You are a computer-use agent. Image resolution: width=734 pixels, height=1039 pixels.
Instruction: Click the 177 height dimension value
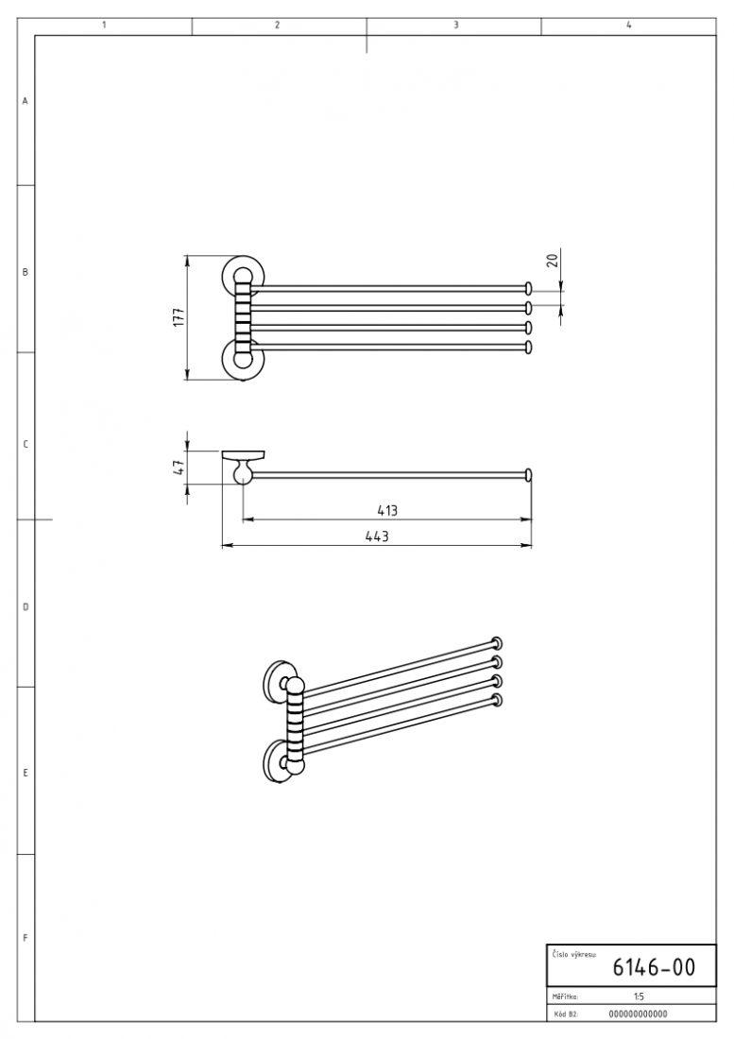tap(179, 316)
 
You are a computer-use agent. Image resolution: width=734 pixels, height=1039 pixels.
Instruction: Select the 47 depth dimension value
tap(179, 468)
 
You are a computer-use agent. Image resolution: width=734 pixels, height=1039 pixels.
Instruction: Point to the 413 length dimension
tap(387, 511)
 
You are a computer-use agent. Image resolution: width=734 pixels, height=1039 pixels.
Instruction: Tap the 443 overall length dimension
tap(377, 537)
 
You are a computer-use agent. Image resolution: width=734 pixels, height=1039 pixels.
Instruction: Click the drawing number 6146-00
tap(653, 967)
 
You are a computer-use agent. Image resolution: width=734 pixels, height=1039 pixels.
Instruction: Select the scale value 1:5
tap(639, 996)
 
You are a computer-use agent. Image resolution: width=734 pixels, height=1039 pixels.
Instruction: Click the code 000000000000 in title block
tap(638, 1013)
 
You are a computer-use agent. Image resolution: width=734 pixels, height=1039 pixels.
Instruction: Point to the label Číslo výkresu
tap(573, 954)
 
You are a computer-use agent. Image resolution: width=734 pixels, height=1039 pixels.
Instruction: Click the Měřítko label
tap(565, 996)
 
